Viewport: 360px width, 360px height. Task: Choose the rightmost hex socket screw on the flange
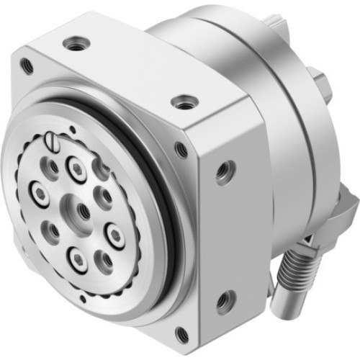(115, 233)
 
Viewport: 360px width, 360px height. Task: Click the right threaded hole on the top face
(185, 101)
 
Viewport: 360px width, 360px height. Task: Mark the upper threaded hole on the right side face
(225, 171)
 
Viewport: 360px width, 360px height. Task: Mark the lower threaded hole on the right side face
(225, 300)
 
